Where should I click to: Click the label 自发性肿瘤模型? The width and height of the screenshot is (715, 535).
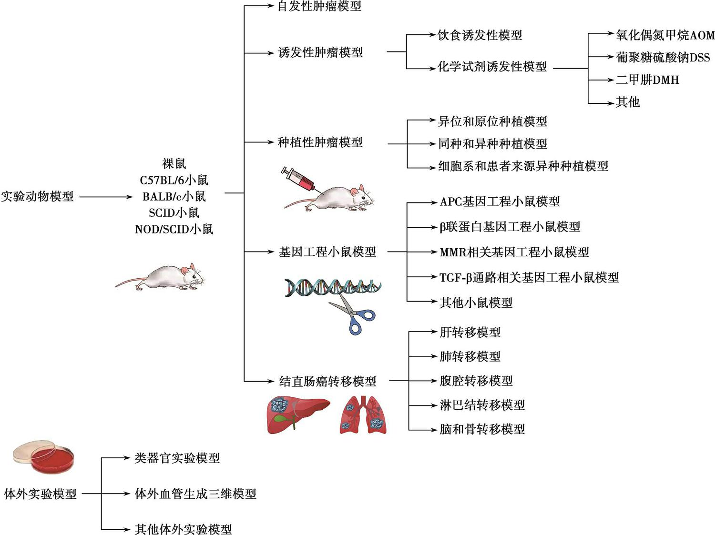coord(319,6)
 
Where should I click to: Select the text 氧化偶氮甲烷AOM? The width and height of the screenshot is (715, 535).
coord(665,35)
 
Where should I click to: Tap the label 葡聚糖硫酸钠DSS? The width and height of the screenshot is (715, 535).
coord(663,57)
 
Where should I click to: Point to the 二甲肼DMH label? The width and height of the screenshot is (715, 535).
coord(647,80)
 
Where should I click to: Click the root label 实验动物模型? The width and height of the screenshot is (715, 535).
coord(37,196)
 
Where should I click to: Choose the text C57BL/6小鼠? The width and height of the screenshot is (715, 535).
coord(174,180)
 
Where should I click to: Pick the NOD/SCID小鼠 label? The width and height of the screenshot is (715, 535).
coord(174,229)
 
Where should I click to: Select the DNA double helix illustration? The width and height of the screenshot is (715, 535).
coord(333,287)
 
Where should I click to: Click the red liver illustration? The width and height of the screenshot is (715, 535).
coord(298,414)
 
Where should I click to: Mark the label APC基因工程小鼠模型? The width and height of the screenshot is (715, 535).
coord(500,202)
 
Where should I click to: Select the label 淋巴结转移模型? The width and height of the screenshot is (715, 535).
coord(482,405)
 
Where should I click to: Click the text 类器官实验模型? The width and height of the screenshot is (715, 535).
coord(177,458)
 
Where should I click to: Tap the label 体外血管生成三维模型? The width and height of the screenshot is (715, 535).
coord(195,494)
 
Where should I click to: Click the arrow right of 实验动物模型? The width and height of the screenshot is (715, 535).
coord(106,197)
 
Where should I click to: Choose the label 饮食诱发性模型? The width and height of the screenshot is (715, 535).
coord(480,35)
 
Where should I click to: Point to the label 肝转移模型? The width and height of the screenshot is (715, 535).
coord(470,332)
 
